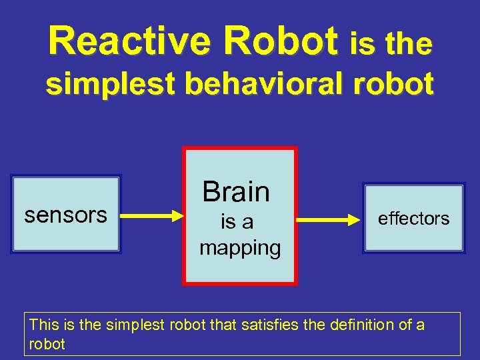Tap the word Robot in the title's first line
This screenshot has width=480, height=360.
click(281, 42)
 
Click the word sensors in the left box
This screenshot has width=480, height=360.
click(65, 215)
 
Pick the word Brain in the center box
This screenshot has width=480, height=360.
click(237, 191)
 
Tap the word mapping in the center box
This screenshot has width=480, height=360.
click(240, 248)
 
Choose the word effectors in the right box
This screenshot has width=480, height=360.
click(413, 219)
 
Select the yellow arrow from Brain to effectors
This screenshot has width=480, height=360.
click(327, 218)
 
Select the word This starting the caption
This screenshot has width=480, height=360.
click(44, 325)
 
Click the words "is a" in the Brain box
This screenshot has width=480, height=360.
click(237, 222)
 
